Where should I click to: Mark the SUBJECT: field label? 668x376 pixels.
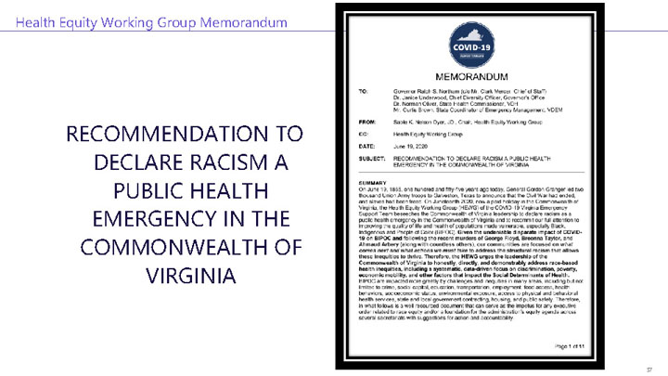370,157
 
